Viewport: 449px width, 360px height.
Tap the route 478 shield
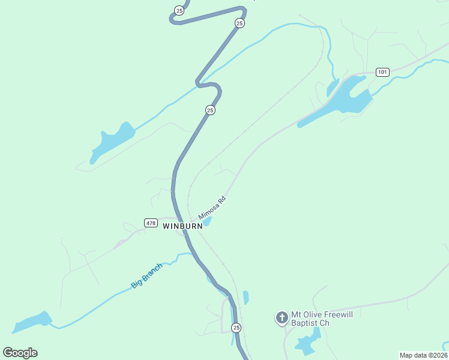point(151,223)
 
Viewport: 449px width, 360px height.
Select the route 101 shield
point(382,72)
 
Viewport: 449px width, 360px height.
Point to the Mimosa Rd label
point(211,208)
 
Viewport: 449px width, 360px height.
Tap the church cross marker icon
point(282,317)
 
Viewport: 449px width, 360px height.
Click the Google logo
point(20,353)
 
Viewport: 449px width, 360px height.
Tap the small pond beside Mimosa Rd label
point(206,222)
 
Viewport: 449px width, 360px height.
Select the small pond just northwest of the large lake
point(333,88)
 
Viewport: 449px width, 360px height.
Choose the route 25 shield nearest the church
point(237,328)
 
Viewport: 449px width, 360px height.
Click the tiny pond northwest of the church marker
point(246,297)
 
